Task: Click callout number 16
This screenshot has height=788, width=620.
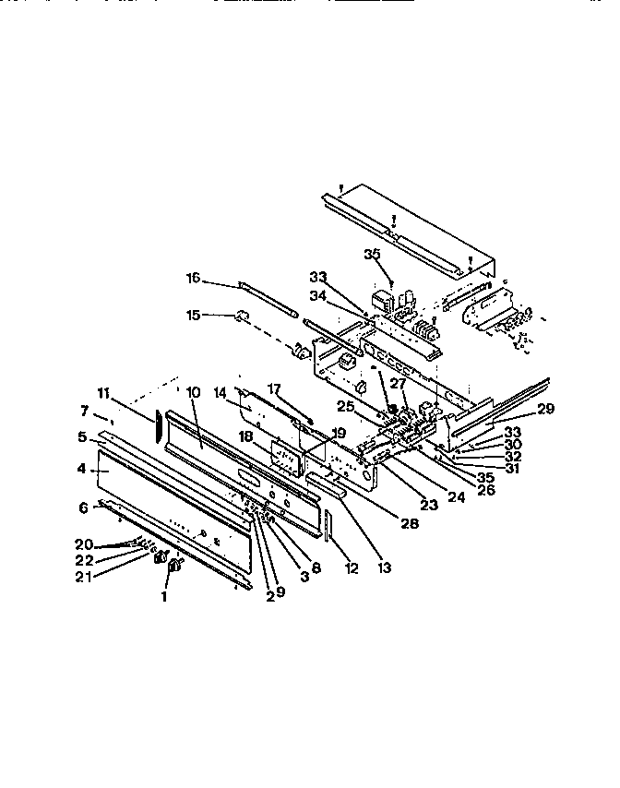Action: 193,278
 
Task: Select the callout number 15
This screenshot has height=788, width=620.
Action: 193,315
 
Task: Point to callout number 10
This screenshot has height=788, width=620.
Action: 193,392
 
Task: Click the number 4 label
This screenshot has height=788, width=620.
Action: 81,469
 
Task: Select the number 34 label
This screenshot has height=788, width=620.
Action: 317,294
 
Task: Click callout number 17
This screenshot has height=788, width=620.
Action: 273,388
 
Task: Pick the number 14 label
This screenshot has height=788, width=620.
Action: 221,393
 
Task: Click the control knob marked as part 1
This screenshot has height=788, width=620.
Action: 170,574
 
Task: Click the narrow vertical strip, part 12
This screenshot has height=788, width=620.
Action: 328,544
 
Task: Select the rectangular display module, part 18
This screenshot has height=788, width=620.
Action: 286,458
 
